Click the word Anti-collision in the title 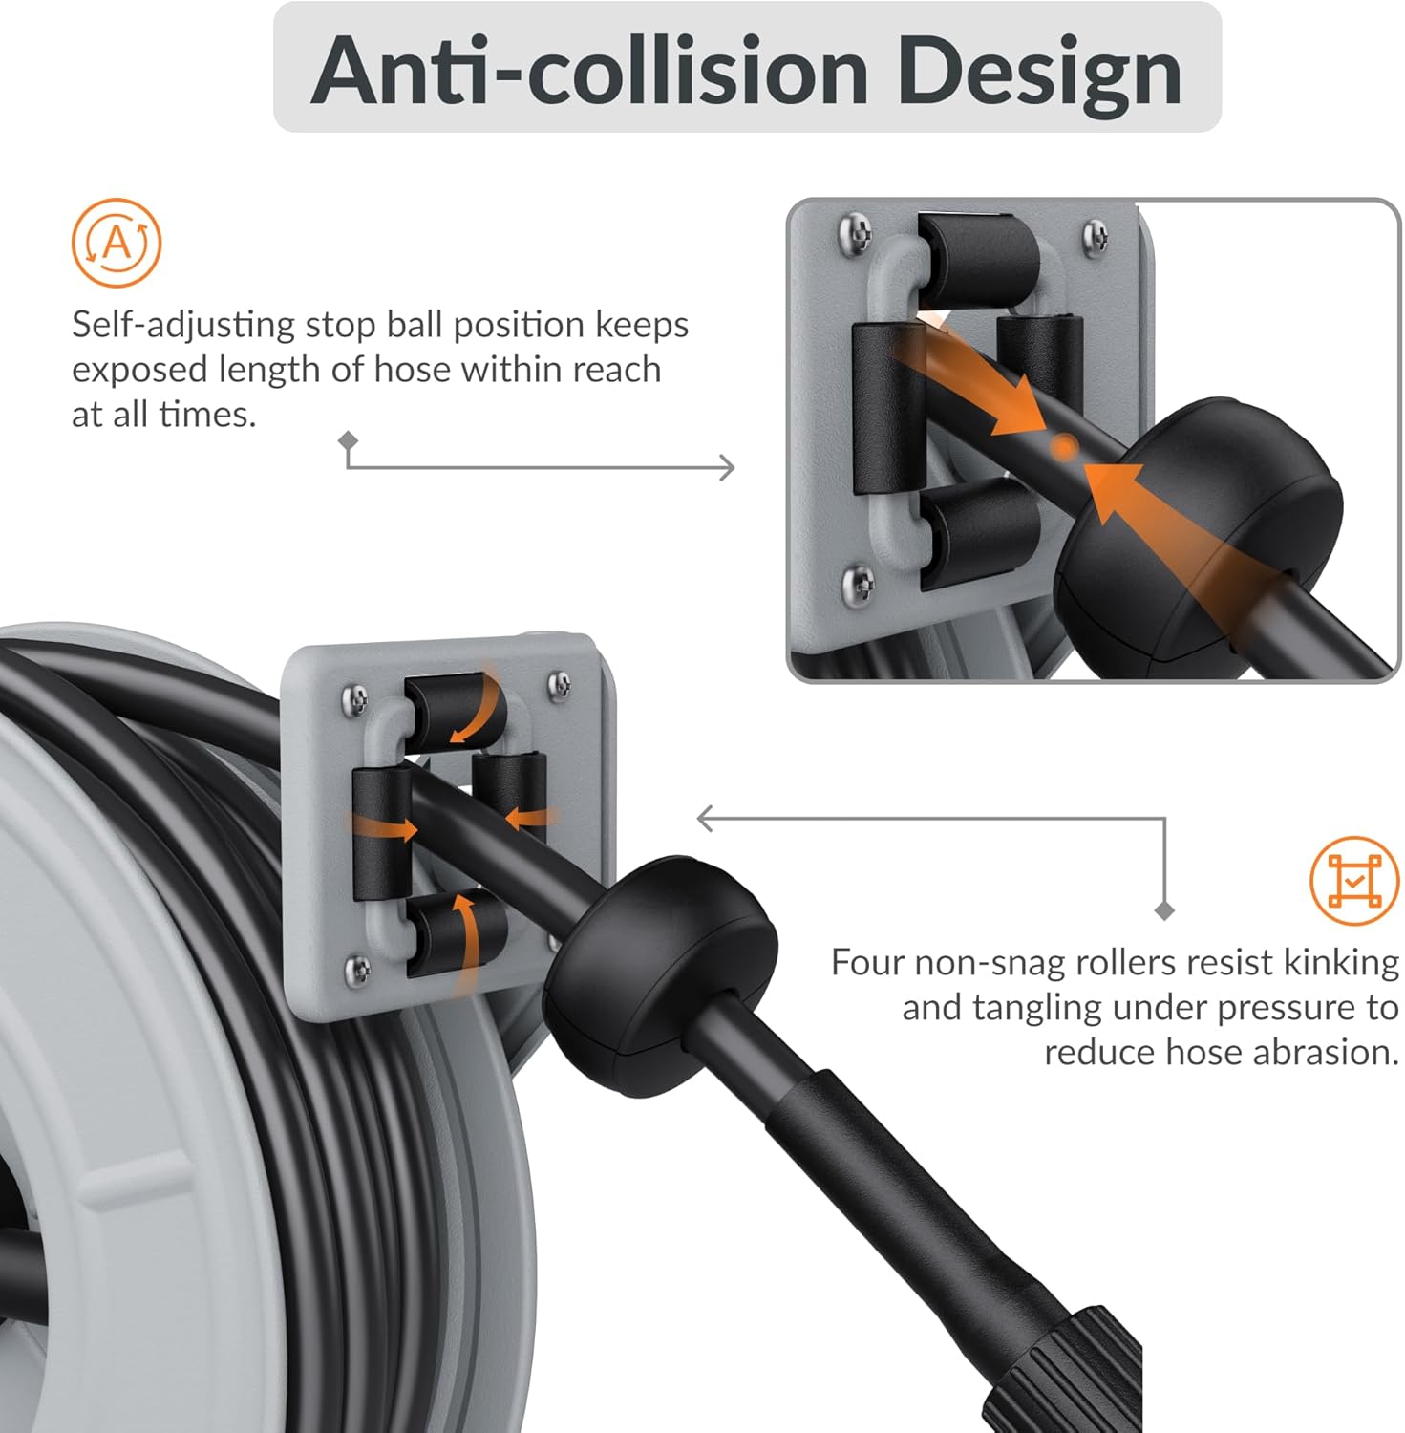click(x=589, y=71)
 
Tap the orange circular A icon click(x=117, y=243)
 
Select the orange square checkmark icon click(x=1354, y=880)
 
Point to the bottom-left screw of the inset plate click(x=859, y=581)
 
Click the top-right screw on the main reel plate click(x=560, y=684)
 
